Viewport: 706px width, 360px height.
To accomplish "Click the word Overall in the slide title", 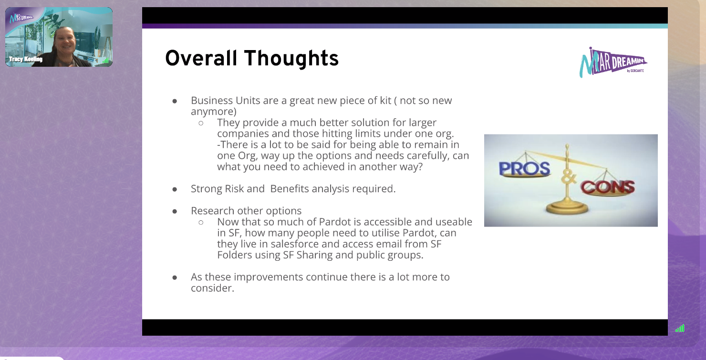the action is pos(201,58).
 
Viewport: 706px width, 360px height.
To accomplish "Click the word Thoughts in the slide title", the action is pos(291,59).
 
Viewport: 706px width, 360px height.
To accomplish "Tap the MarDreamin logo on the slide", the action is pos(613,62).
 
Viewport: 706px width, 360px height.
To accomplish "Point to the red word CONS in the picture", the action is pos(607,187).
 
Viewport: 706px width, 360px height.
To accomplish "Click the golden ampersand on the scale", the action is pos(568,178).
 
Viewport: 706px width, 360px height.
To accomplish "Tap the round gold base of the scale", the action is pos(567,208).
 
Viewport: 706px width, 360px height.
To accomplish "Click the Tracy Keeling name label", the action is pos(26,59).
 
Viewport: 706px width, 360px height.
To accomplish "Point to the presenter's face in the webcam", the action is pos(64,41).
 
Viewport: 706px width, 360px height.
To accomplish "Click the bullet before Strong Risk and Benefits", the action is pos(175,189).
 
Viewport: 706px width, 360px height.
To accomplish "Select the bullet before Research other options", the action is pos(175,211).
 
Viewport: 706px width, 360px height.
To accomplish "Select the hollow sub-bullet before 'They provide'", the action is pos(201,123).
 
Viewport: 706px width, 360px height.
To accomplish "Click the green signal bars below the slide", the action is pos(680,329).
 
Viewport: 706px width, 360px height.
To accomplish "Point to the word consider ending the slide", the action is pos(212,288).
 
